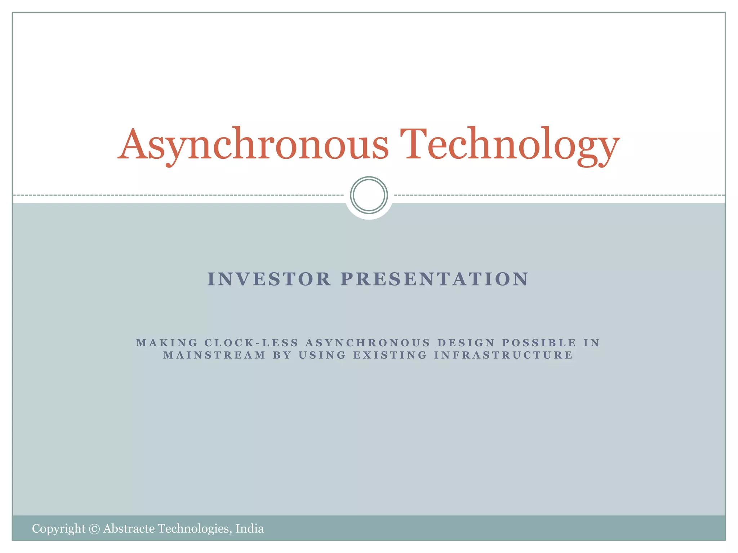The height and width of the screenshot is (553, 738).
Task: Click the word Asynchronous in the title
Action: pos(253,145)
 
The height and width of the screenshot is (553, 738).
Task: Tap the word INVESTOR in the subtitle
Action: pos(269,279)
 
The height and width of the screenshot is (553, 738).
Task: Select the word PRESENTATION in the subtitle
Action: pos(435,279)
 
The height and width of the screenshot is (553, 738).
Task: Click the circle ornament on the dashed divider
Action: pos(369,195)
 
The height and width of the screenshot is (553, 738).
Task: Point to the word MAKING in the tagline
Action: pos(167,343)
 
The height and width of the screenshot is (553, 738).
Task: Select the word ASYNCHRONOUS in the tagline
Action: pos(368,343)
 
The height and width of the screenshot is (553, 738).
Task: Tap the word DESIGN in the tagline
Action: pos(466,343)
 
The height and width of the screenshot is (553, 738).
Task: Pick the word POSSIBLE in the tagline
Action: pos(539,343)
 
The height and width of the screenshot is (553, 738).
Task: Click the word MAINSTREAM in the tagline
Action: pos(214,355)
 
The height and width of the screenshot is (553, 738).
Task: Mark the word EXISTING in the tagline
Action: pos(390,355)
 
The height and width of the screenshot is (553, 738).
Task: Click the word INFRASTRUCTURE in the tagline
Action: pos(503,355)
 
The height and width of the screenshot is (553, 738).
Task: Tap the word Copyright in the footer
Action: pos(59,529)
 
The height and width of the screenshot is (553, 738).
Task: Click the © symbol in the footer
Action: pos(94,529)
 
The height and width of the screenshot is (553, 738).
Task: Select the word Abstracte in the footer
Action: pos(129,529)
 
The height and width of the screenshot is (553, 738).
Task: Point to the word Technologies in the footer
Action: pos(195,529)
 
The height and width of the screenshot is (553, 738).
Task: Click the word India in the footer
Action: pos(249,529)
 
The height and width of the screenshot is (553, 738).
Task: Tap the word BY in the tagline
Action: pos(282,355)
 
